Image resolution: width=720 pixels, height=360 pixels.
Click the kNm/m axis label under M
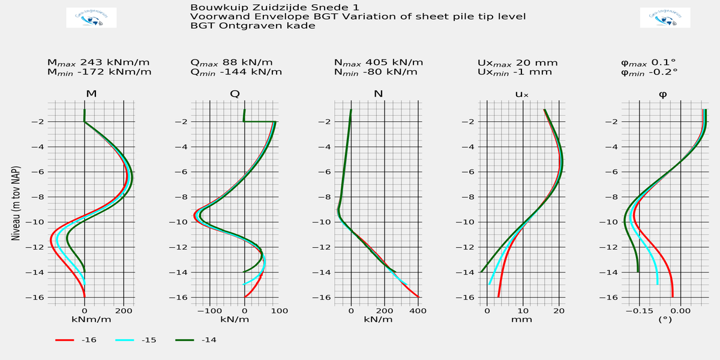[x=91, y=319]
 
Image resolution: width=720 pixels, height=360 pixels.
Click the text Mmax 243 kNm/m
[x=98, y=62]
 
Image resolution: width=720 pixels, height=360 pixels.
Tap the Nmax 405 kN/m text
[x=379, y=62]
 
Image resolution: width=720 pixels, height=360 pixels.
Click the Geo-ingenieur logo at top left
[x=91, y=18]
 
